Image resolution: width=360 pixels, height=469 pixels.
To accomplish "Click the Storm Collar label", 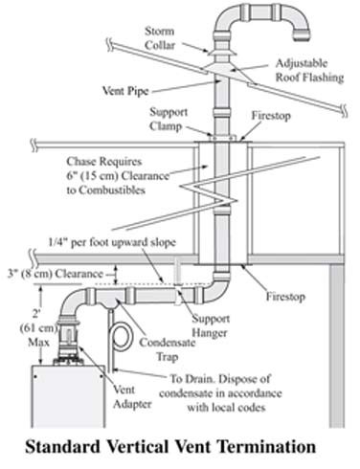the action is click(160, 38).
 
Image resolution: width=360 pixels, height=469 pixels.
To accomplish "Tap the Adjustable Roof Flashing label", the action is click(309, 70).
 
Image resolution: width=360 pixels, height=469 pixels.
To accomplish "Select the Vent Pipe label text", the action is click(125, 91).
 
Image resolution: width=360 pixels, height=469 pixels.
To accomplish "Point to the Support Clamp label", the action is click(169, 119).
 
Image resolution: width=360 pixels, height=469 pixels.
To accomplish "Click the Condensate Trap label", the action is click(168, 349).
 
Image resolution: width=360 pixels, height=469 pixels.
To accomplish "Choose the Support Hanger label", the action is click(211, 325).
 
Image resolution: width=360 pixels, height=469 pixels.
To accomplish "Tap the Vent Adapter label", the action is click(132, 397).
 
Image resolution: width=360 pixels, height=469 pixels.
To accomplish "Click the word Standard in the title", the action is click(62, 446).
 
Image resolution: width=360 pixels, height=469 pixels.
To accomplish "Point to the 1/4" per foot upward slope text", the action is click(112, 242).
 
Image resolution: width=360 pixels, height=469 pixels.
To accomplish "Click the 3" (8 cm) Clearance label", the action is click(56, 274).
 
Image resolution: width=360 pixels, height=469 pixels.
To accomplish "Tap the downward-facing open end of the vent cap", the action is click(302, 35).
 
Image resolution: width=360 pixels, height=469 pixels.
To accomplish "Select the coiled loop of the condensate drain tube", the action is click(122, 338).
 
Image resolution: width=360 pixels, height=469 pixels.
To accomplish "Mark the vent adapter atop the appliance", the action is click(69, 343).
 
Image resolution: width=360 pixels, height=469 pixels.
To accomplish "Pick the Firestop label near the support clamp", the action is click(271, 116).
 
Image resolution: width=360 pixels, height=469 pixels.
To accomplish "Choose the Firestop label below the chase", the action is click(285, 297).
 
